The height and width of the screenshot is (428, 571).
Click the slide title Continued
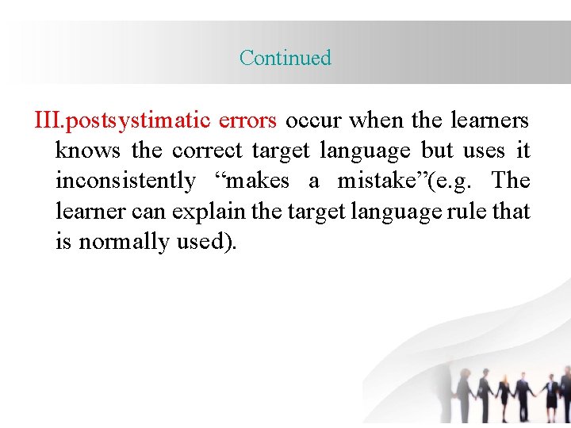[285, 58]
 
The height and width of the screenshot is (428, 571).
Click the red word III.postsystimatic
[122, 120]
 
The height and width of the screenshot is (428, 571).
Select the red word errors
[248, 120]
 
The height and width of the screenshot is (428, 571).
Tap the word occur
[314, 120]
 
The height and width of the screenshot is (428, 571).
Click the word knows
[87, 151]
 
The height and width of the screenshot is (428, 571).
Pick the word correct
[208, 151]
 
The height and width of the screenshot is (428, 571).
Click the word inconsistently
[125, 181]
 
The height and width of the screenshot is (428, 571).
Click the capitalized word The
[510, 181]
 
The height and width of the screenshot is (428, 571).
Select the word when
[377, 120]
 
